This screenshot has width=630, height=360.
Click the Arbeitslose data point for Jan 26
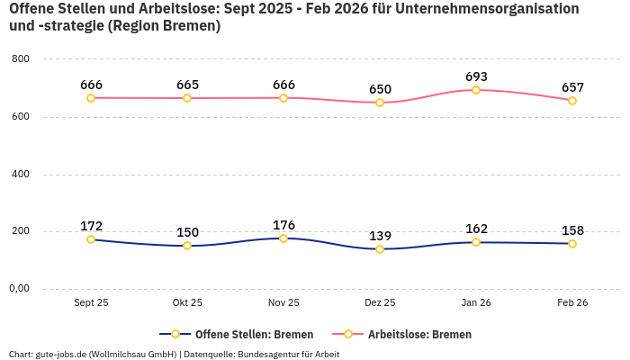[476, 90]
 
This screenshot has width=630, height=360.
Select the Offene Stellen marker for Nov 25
[283, 238]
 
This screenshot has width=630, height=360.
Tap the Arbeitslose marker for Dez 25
[380, 103]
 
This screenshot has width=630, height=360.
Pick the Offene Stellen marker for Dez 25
[380, 249]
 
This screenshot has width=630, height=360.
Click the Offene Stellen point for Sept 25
[91, 239]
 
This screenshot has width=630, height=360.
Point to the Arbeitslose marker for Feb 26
[572, 101]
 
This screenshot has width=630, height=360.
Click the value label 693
[476, 77]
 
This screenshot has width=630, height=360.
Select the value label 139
[380, 236]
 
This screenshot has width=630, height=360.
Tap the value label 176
[283, 225]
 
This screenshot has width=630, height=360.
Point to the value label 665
[187, 85]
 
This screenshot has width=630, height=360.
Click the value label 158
[572, 230]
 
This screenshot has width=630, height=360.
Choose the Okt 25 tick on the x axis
[187, 303]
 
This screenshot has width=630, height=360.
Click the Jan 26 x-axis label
[476, 303]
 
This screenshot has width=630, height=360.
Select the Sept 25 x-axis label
[91, 303]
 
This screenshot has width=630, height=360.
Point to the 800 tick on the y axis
[20, 59]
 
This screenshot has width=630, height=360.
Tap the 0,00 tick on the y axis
[18, 289]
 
